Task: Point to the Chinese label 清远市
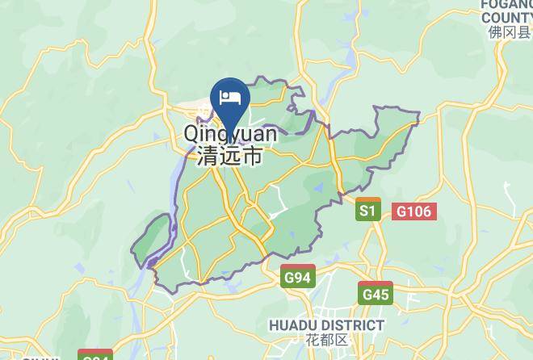click(x=230, y=156)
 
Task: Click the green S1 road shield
click(x=368, y=211)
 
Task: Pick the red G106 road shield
click(x=414, y=211)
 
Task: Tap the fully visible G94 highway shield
click(x=297, y=278)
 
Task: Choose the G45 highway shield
click(x=376, y=295)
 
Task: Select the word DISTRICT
click(x=353, y=325)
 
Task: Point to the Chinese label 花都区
click(x=326, y=341)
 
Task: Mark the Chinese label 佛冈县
click(x=508, y=32)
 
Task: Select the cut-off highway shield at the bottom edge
click(x=95, y=355)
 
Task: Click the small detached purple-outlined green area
click(x=153, y=241)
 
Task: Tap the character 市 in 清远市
click(x=254, y=156)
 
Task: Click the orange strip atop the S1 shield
click(x=368, y=199)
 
